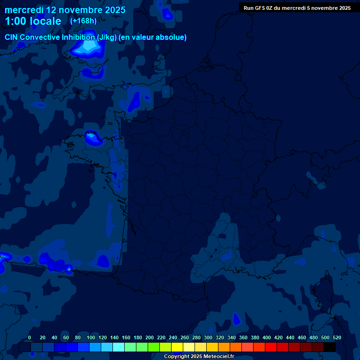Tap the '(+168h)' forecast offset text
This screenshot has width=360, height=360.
coord(83,21)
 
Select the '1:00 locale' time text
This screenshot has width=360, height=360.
coord(33,21)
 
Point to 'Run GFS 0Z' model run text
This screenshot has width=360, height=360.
coord(258,8)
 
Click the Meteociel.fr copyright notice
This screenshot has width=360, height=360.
coord(199,357)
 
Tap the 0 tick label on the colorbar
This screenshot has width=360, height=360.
coord(30,337)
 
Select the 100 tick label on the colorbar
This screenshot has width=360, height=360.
coord(91,337)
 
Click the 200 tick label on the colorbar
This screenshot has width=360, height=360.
coord(150,337)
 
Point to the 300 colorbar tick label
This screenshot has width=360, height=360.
coord(208,337)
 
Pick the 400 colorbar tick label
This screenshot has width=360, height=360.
coord(267,337)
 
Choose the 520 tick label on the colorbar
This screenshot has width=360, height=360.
coord(337,337)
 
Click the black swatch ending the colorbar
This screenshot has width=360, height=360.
coord(330,347)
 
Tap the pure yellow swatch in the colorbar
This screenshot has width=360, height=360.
coord(177,347)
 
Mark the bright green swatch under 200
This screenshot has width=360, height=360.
coord(154,347)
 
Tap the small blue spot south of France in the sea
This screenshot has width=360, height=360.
coord(236,319)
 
